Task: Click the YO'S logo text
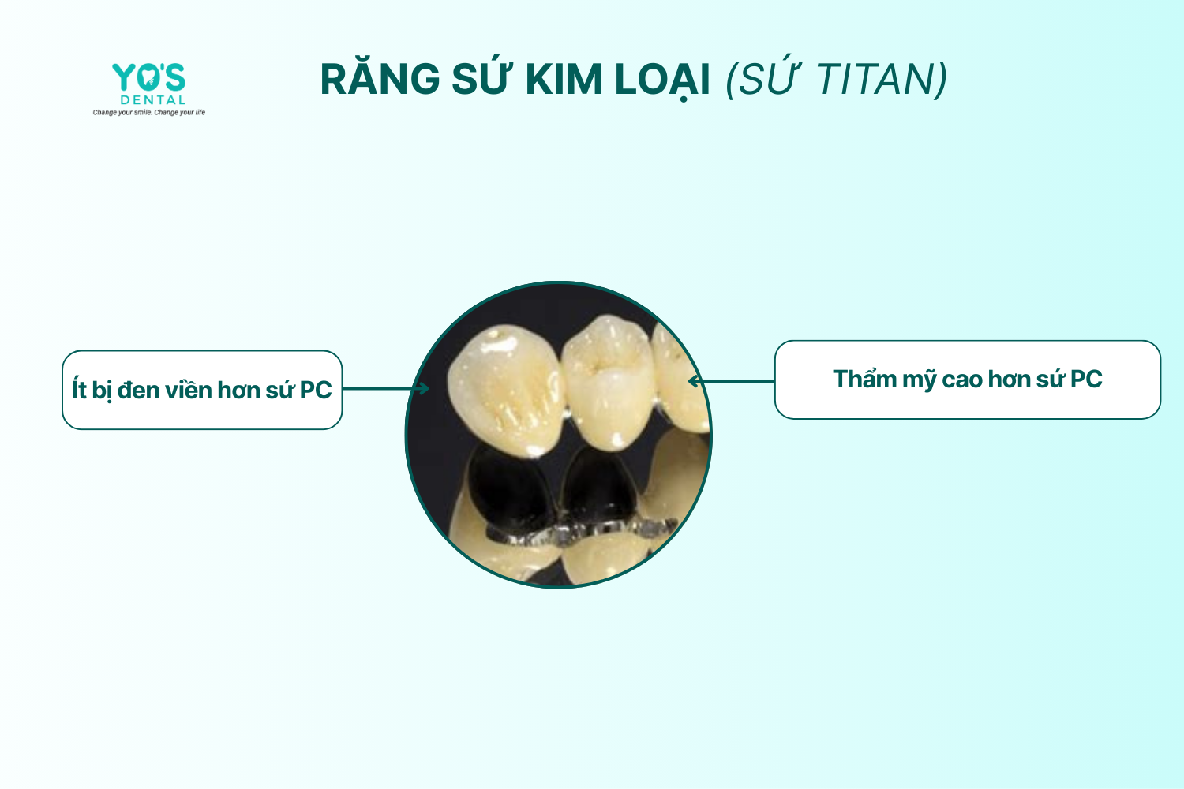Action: [x=149, y=77]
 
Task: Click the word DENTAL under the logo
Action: [x=153, y=100]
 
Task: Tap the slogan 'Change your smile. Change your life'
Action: [x=149, y=112]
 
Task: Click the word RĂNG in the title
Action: [x=380, y=79]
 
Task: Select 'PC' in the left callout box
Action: [x=316, y=390]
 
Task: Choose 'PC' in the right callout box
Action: [x=1086, y=379]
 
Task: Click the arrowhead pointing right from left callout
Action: [x=422, y=388]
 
